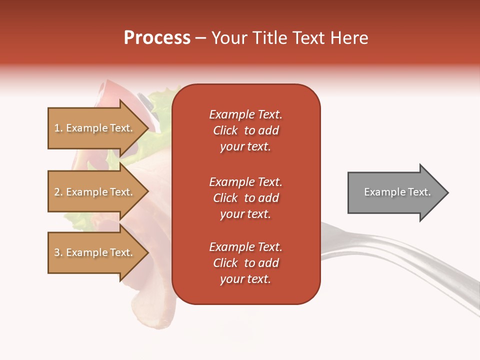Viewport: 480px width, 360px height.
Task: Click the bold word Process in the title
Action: [x=157, y=38]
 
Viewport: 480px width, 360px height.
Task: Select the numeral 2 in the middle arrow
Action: [x=57, y=192]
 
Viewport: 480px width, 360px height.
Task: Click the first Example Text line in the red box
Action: [x=245, y=114]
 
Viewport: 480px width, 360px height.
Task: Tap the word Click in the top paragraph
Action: [x=225, y=130]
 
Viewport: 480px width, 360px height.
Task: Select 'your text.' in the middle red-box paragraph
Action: [x=245, y=214]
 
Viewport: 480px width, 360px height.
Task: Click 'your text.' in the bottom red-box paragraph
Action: [x=245, y=279]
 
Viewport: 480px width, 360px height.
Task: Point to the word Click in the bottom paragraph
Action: [x=225, y=263]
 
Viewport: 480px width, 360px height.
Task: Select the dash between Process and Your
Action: [x=201, y=38]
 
